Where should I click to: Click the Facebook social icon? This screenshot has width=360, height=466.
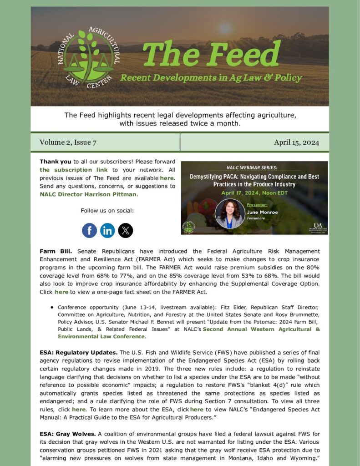[90, 230]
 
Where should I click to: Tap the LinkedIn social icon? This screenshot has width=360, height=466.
[107, 230]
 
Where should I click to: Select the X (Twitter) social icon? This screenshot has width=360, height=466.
[126, 230]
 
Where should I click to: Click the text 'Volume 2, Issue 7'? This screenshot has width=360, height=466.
[68, 142]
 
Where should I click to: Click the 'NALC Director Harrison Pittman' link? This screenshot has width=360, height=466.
[88, 194]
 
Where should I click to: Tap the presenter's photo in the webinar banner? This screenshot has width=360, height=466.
[230, 214]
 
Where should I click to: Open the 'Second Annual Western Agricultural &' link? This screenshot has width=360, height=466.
[261, 329]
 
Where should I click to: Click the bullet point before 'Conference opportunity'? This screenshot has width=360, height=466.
[52, 307]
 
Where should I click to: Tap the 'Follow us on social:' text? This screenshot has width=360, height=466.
[107, 211]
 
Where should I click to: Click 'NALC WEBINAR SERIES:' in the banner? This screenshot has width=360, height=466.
[254, 167]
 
